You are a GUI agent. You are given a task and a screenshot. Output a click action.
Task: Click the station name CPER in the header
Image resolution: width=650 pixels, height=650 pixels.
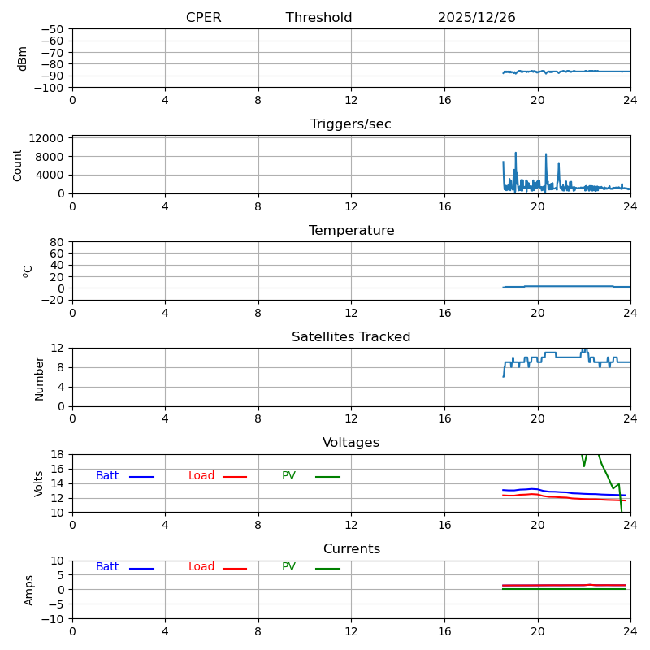pyautogui.click(x=203, y=18)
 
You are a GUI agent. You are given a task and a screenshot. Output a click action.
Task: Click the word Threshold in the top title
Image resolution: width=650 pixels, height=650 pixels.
pyautogui.click(x=318, y=18)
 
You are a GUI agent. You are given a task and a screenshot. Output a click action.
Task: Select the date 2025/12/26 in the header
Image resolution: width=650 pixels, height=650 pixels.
pyautogui.click(x=476, y=18)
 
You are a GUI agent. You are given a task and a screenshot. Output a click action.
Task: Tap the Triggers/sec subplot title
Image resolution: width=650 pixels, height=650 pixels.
pyautogui.click(x=350, y=124)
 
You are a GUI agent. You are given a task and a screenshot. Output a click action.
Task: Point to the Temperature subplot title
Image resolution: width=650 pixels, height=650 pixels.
pyautogui.click(x=351, y=231)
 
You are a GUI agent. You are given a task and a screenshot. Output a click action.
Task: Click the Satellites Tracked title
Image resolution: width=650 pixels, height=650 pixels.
pyautogui.click(x=351, y=337)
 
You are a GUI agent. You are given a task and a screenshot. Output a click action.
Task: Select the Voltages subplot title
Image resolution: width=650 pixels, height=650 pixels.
pyautogui.click(x=351, y=443)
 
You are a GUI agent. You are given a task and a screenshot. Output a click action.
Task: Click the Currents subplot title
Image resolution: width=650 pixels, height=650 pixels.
pyautogui.click(x=351, y=549)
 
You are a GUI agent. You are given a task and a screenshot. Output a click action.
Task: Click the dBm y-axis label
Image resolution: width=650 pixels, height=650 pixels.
pyautogui.click(x=23, y=58)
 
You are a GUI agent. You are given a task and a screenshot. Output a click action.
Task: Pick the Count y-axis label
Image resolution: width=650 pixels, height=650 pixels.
pyautogui.click(x=18, y=165)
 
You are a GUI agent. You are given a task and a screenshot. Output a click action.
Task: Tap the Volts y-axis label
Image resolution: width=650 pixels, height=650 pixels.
pyautogui.click(x=39, y=483)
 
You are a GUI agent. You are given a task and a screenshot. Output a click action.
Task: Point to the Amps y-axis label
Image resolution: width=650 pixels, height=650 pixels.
pyautogui.click(x=29, y=590)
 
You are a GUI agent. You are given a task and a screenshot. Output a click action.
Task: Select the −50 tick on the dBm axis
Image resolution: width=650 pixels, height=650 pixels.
pyautogui.click(x=50, y=29)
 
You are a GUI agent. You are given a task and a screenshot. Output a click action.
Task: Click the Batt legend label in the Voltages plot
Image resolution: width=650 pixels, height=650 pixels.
pyautogui.click(x=107, y=476)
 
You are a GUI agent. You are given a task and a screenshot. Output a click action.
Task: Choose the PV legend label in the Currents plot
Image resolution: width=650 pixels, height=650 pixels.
pyautogui.click(x=288, y=567)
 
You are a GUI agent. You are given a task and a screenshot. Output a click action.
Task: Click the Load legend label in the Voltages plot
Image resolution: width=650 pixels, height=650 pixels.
pyautogui.click(x=201, y=476)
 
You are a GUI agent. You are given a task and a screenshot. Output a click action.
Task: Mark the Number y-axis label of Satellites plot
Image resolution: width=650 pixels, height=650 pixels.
pyautogui.click(x=39, y=378)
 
